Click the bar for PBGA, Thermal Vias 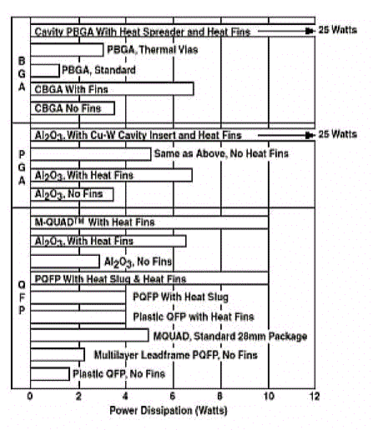[x=67, y=50]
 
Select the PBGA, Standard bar [x=45, y=71]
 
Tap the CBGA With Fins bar [x=112, y=89]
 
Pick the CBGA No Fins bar [x=73, y=108]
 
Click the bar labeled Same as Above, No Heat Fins [x=90, y=154]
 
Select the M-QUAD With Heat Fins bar [x=149, y=222]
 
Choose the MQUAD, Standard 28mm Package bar [x=89, y=335]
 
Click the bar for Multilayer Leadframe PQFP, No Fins [x=58, y=355]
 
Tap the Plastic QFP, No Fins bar [x=50, y=374]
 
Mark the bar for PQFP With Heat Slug [x=78, y=297]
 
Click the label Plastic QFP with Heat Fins [x=194, y=317]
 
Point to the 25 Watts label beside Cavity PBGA [x=337, y=30]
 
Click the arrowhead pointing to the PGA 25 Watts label [x=310, y=135]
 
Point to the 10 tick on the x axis [x=269, y=397]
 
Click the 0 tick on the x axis [x=30, y=397]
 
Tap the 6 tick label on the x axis [x=173, y=397]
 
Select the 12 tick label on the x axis [x=315, y=397]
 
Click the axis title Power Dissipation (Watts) [x=169, y=411]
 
